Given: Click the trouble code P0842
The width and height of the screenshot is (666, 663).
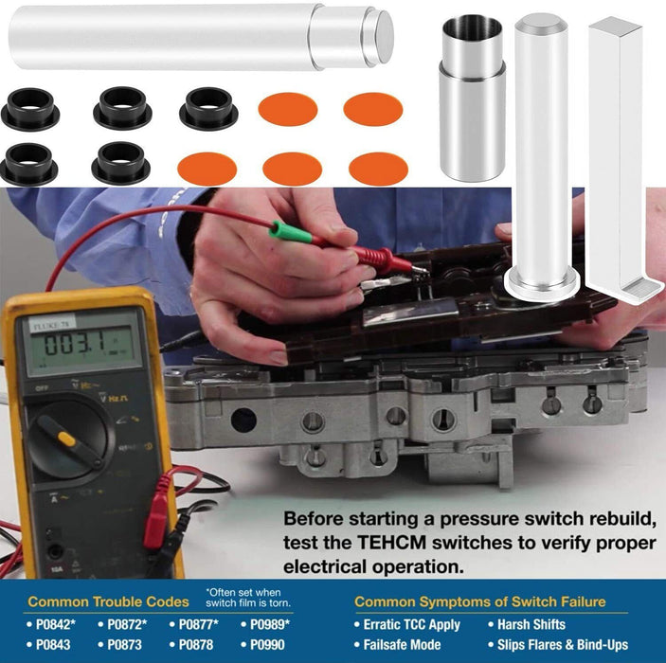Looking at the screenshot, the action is tap(55, 624).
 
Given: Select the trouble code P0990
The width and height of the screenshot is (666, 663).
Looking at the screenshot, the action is tap(267, 645).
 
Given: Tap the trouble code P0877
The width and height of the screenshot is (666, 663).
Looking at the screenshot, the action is tap(198, 624).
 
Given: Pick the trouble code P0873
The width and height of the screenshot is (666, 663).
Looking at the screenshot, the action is tap(124, 645).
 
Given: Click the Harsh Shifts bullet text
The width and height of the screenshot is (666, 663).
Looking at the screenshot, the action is tap(531, 624).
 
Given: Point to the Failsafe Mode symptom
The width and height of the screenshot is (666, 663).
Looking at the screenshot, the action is tap(402, 645).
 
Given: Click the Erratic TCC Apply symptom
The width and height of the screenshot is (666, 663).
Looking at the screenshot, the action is tap(411, 625).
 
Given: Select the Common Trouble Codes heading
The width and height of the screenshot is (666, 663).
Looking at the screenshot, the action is tap(108, 601).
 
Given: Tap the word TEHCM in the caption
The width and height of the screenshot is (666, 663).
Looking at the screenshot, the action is tap(390, 543).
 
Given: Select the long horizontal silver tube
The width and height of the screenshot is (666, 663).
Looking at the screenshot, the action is tap(201, 37).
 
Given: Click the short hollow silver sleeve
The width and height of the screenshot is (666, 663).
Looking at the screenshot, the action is tap(473, 98).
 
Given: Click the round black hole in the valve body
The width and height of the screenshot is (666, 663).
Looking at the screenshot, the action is tap(243, 420).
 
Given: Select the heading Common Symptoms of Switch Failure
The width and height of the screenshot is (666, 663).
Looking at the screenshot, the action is tap(480, 601).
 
